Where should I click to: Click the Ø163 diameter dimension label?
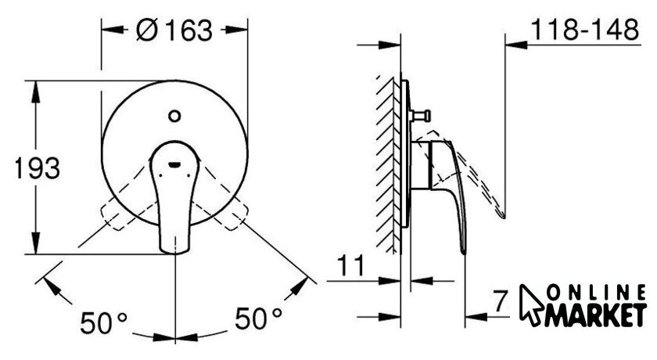[x=174, y=31]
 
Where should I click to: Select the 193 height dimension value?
[x=38, y=168]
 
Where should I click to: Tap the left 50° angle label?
[x=103, y=322]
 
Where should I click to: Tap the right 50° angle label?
[x=258, y=318]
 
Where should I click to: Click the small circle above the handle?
[x=174, y=116]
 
